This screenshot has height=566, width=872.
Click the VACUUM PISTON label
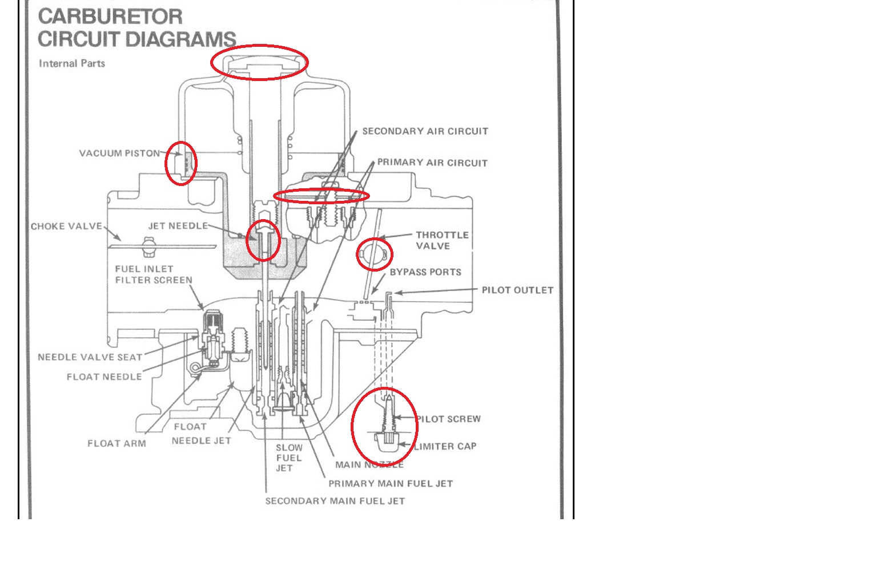coord(119,153)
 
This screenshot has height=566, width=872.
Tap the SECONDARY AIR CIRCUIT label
coord(425,131)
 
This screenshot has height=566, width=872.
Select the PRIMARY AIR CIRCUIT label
coord(432,163)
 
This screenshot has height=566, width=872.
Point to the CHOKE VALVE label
coord(66,227)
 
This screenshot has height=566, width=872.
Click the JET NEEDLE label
coord(178,226)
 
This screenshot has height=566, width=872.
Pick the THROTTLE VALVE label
coord(441,240)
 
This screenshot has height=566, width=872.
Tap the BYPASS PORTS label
coord(425,272)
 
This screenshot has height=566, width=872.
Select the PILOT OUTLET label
coord(517,290)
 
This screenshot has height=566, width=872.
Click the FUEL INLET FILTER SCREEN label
coord(154,274)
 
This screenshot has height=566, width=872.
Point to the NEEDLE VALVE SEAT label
coord(90,357)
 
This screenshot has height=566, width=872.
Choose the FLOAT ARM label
coord(116,443)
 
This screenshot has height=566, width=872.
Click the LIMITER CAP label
coord(445,446)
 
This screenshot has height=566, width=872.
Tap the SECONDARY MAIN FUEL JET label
coord(335,501)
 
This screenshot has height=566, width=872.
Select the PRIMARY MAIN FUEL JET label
coord(391,484)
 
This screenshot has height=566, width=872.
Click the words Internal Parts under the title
coord(72,63)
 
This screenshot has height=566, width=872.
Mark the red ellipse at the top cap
coord(259,62)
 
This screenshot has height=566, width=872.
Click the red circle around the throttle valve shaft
coord(375,254)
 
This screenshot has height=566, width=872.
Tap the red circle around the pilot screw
coord(384,426)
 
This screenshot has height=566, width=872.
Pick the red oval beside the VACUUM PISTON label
coord(180,163)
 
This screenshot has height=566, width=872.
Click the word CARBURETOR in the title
coord(110,17)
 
